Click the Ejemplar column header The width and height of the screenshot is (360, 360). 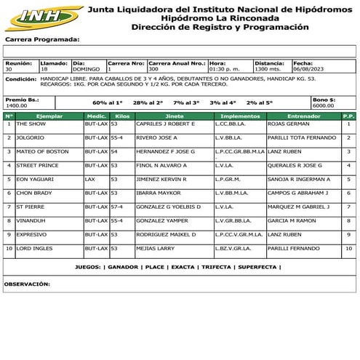coord(49,116)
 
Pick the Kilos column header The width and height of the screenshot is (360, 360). coord(122,116)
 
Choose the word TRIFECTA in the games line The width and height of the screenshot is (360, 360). coord(215,267)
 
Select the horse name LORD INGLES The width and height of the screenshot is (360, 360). coord(36,248)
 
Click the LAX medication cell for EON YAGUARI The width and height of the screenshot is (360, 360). coord(89,179)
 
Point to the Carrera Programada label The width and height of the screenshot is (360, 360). coord(42,40)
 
